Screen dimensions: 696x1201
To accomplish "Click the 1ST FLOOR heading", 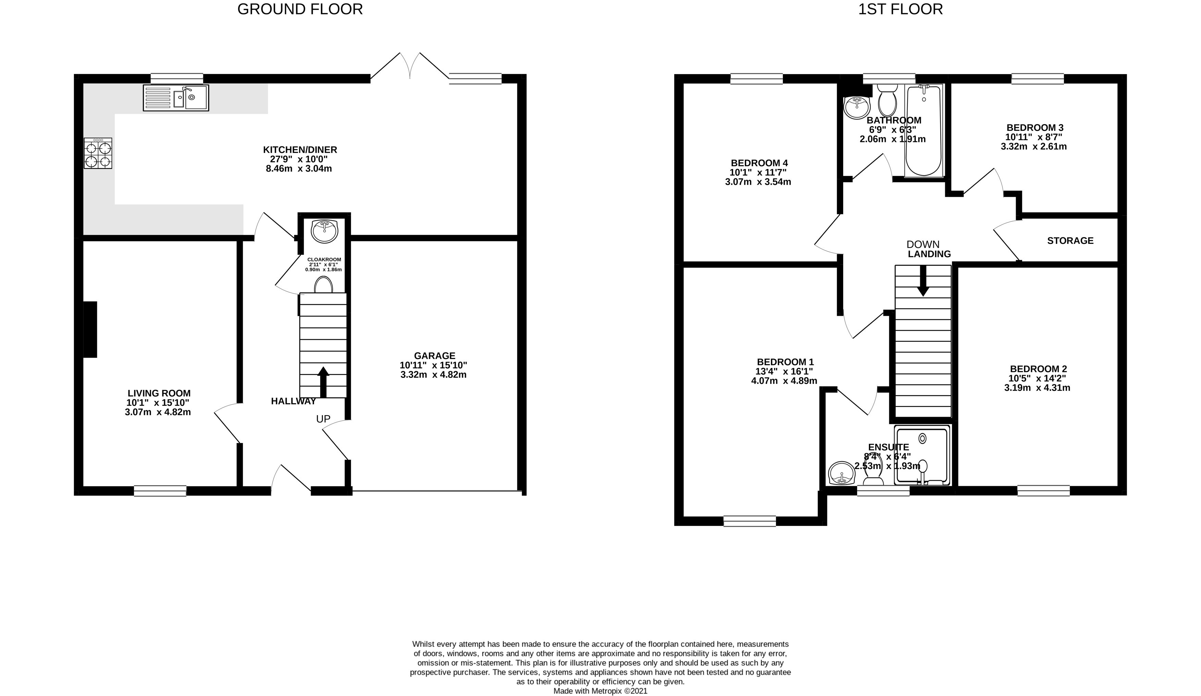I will [x=900, y=9].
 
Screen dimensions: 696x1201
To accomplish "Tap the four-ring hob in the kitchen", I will [x=98, y=153].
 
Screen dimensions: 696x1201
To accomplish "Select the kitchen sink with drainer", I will [x=176, y=98].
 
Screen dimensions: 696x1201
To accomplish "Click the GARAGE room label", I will [x=434, y=356].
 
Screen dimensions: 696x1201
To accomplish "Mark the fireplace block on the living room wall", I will [x=90, y=329].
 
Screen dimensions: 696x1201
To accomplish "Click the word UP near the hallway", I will [x=323, y=419].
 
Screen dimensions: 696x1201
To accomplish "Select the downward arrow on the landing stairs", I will [x=923, y=280].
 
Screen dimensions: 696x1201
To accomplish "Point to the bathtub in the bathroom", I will [x=924, y=130].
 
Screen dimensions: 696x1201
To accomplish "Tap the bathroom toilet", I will [x=887, y=101].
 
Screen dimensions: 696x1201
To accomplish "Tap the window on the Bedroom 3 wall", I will [x=1038, y=79].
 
